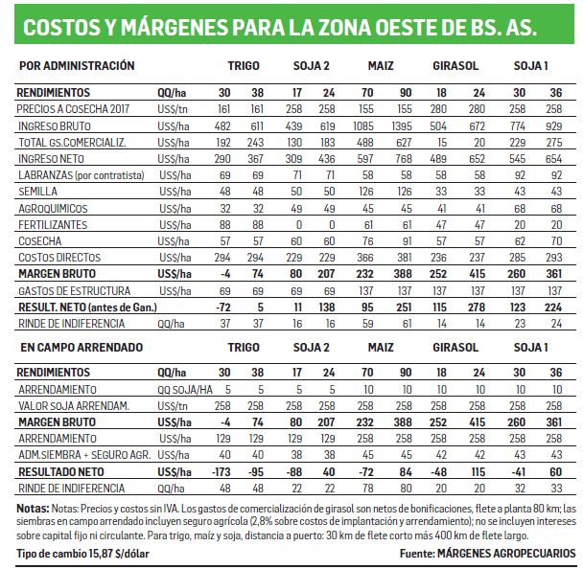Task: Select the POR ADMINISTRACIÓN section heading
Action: [77, 66]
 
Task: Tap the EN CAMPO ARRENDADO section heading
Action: [82, 348]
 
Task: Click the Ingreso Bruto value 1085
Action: [363, 126]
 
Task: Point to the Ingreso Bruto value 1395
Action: [402, 126]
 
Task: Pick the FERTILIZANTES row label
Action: [53, 225]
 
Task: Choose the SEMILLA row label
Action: [38, 192]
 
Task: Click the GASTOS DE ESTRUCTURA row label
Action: [75, 291]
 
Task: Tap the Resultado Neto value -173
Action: [221, 471]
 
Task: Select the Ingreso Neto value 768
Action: [403, 159]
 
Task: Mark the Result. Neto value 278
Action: [477, 307]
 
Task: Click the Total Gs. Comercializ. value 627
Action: [404, 143]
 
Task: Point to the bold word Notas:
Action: [33, 509]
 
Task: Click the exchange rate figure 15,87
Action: [101, 554]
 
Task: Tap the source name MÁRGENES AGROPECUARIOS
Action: [506, 554]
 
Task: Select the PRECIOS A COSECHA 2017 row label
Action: [73, 109]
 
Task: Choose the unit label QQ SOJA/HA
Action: [185, 390]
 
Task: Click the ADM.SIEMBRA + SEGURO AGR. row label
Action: [84, 455]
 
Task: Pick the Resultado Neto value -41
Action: [518, 471]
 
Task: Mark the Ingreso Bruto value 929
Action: [553, 126]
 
